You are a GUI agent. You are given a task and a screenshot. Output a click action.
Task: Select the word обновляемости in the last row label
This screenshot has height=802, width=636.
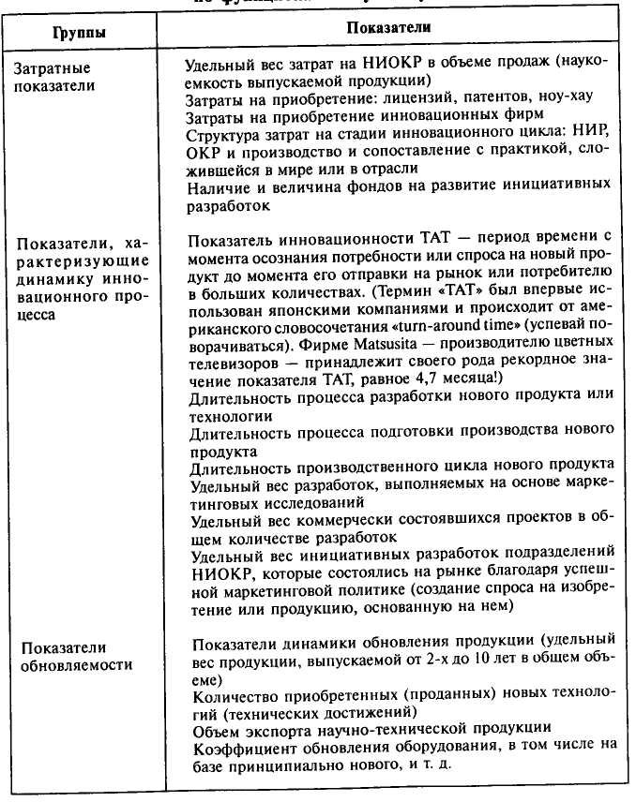click(76, 665)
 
